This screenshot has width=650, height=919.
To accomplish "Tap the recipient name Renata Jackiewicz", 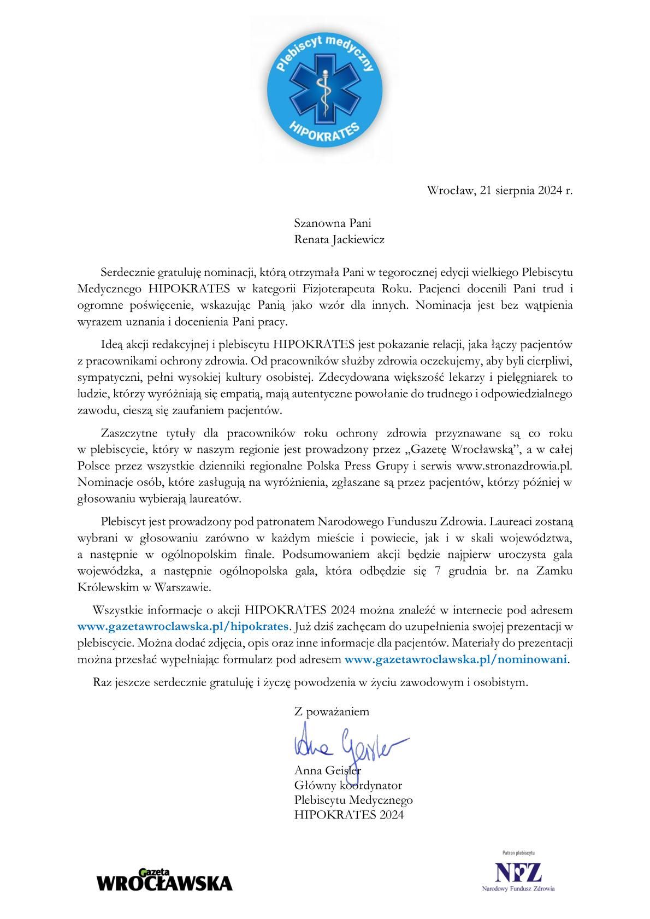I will [339, 239].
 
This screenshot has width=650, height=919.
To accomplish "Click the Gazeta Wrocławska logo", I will [164, 880].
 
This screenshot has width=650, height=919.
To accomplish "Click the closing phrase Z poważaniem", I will [332, 712].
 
